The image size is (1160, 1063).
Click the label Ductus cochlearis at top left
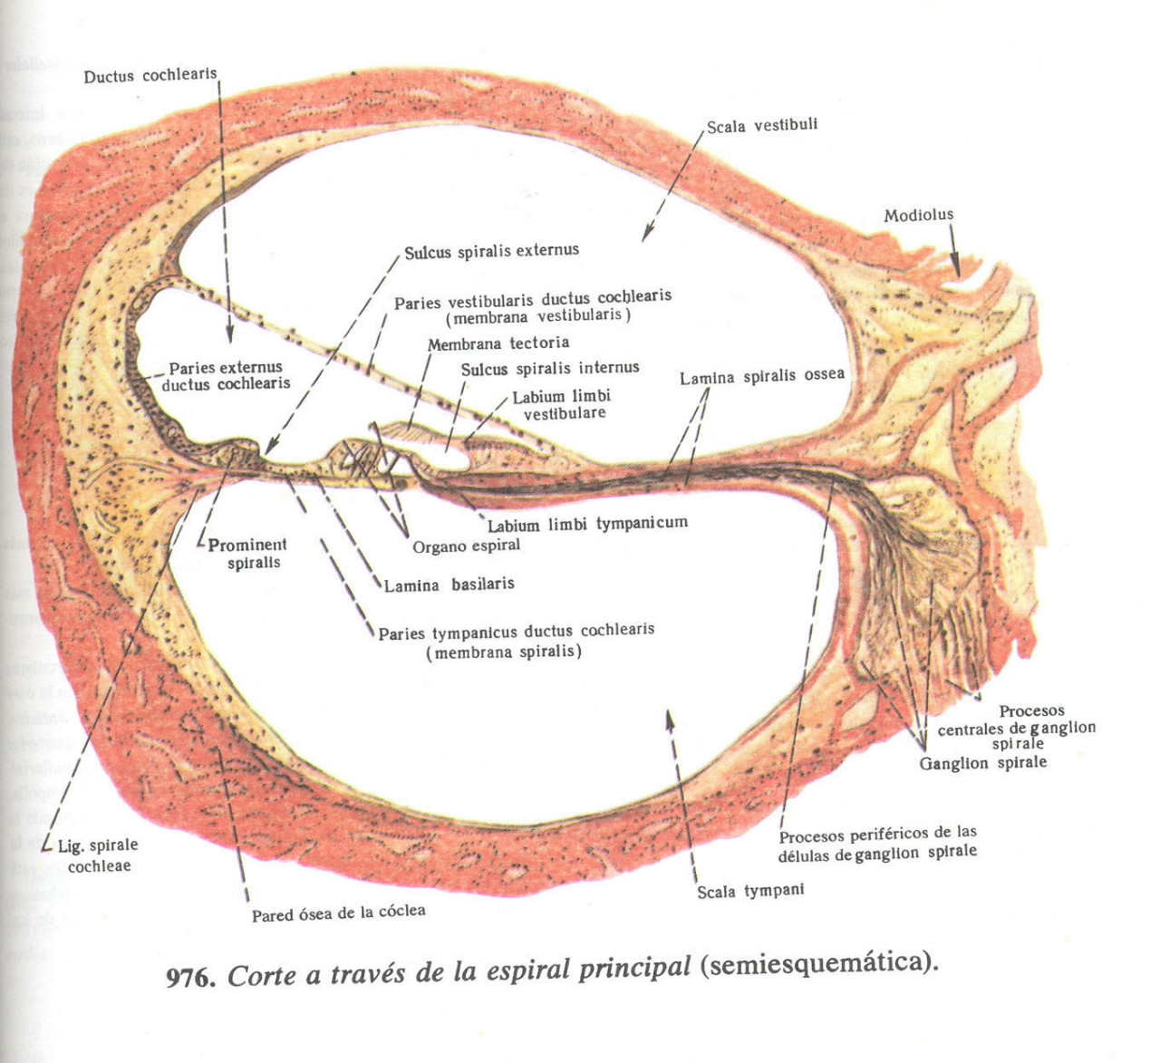tap(150, 75)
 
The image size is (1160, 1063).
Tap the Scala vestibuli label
tap(761, 125)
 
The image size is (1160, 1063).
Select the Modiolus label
tap(918, 215)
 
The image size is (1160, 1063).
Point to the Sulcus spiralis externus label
tap(491, 251)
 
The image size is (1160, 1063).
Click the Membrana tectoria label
tap(498, 343)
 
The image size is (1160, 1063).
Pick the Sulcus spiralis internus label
tap(550, 368)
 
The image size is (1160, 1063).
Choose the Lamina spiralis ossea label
tap(761, 375)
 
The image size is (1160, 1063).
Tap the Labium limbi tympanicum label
tap(587, 524)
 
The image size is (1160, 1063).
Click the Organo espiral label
tap(466, 546)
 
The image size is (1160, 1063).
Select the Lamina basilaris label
tap(449, 585)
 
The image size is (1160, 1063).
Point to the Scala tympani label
tap(750, 891)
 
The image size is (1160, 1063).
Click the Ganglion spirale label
tap(982, 763)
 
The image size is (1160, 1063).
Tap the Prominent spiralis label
tap(247, 554)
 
